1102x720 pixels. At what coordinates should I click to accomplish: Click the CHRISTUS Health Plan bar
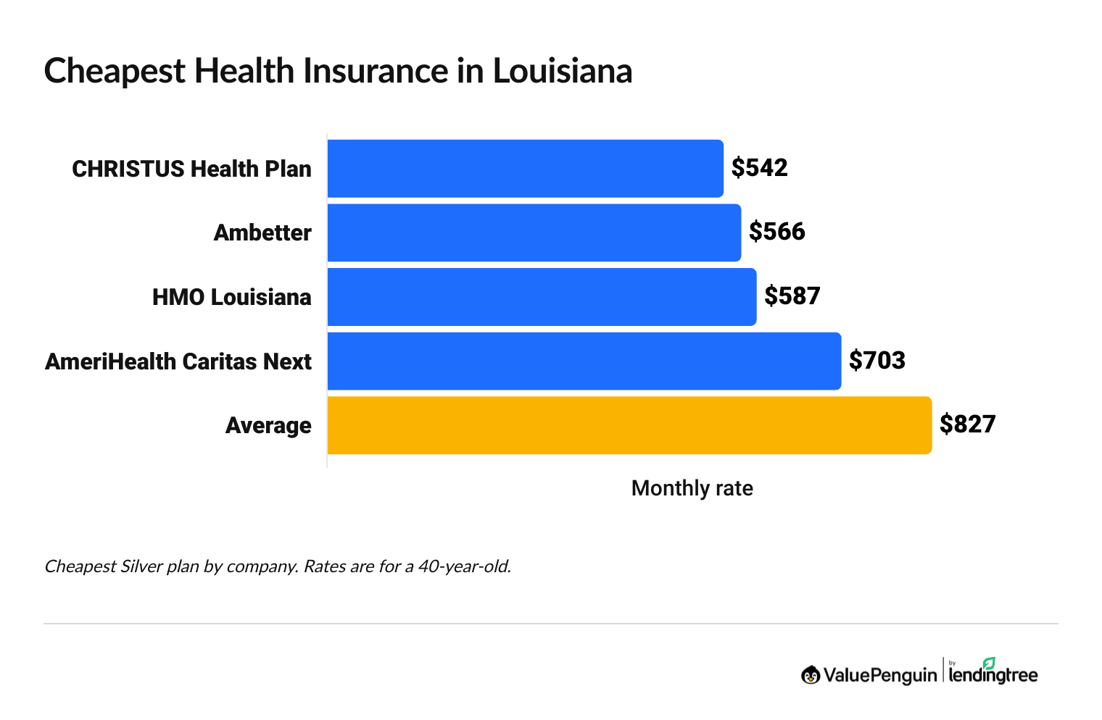click(x=525, y=168)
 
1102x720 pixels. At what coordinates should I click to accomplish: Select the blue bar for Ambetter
click(x=534, y=233)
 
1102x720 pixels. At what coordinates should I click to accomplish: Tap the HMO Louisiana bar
click(x=542, y=296)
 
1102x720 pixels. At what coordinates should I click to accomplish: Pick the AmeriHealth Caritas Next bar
click(x=584, y=361)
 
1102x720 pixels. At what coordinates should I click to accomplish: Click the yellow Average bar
click(x=629, y=425)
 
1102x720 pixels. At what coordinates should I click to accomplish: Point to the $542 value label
click(x=759, y=168)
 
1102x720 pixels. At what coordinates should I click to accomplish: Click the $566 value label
click(x=776, y=232)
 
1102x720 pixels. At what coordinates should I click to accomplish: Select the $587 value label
click(x=792, y=296)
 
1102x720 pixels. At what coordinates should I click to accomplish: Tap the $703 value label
click(x=877, y=360)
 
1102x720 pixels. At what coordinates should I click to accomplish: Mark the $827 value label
click(x=967, y=424)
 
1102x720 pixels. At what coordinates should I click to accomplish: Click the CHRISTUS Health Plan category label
click(x=191, y=169)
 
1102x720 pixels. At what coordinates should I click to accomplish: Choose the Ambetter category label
click(x=262, y=233)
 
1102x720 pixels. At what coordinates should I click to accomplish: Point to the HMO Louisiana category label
click(x=231, y=297)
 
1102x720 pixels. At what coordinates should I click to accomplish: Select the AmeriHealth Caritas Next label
click(x=178, y=361)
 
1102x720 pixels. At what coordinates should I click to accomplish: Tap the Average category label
click(x=268, y=425)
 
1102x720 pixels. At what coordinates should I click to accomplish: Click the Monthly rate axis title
click(x=692, y=488)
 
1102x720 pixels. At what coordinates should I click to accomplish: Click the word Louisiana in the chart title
click(x=562, y=71)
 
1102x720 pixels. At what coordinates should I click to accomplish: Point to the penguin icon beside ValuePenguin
click(x=811, y=675)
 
